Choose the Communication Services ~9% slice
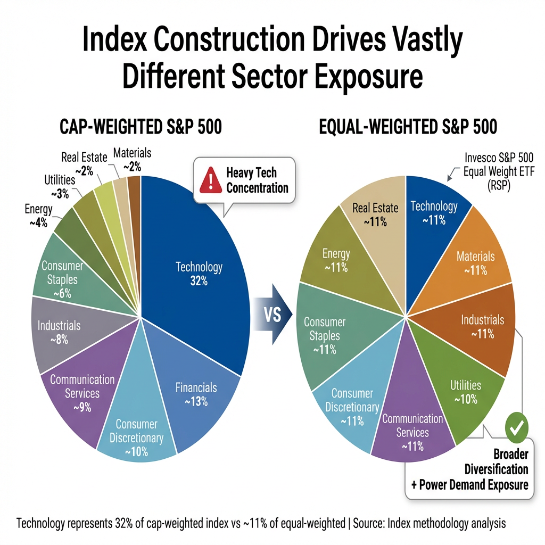point(82,393)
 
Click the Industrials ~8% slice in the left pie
point(59,332)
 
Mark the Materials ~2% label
point(132,159)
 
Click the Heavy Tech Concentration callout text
point(257,180)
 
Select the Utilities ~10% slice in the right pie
point(466,392)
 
